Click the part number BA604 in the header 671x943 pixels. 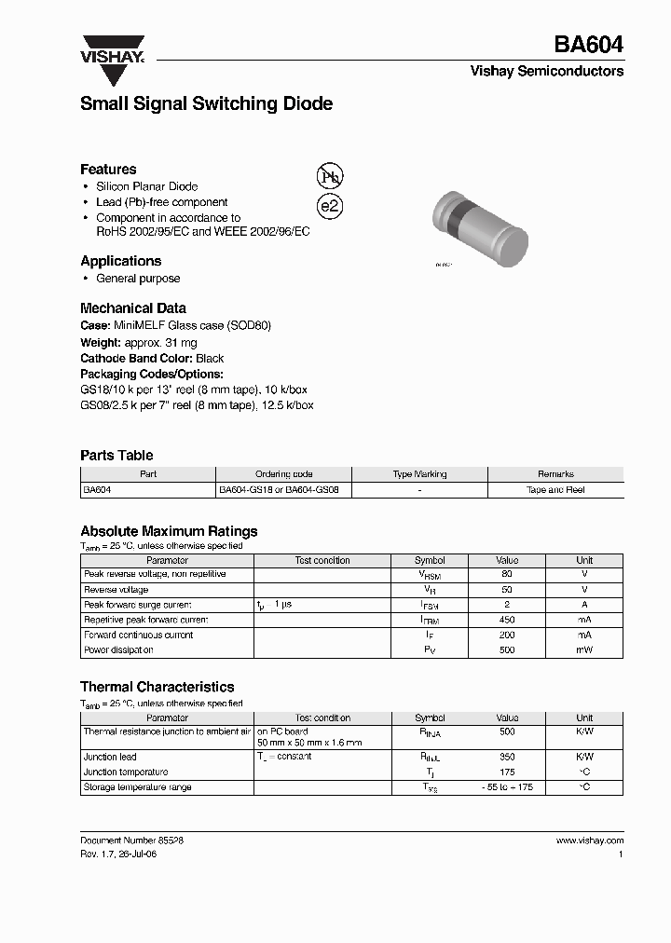pos(589,44)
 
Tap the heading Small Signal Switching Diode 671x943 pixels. pos(206,104)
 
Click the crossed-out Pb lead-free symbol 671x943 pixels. pos(330,177)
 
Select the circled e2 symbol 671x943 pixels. pos(330,207)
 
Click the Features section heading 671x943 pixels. pos(108,170)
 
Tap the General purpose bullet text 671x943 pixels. pos(138,279)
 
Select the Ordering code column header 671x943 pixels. pos(284,474)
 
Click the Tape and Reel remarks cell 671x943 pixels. pos(555,489)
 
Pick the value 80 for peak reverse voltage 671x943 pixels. pos(507,575)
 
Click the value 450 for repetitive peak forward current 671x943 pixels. pos(507,620)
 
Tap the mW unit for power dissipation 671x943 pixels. pos(584,649)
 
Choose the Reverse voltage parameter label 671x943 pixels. pos(116,590)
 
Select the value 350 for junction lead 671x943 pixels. pos(507,758)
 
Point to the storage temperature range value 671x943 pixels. pos(507,787)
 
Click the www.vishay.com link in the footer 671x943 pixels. pos(589,840)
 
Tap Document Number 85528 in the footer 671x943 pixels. pos(131,840)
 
